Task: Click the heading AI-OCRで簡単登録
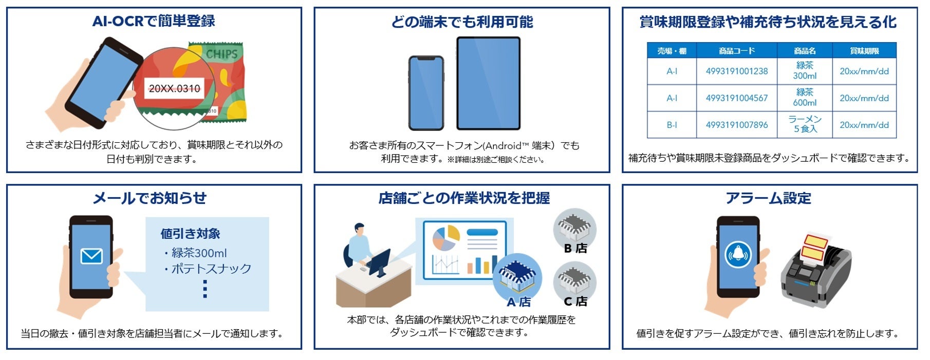click(x=154, y=21)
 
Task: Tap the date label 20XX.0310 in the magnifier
click(x=174, y=88)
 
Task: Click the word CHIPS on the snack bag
click(x=221, y=54)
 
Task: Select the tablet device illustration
click(x=488, y=83)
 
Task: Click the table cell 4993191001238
click(x=736, y=71)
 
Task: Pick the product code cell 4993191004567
click(x=736, y=98)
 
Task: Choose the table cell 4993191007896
click(x=736, y=125)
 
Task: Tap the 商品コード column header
click(x=736, y=51)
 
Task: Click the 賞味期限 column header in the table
click(x=864, y=51)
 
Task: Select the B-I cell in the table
click(x=672, y=125)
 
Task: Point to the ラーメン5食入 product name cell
click(x=805, y=124)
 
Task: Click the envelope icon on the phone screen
click(x=91, y=255)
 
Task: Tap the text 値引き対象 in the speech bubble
click(x=190, y=234)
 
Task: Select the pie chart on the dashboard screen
click(x=445, y=238)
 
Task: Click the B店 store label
click(x=575, y=249)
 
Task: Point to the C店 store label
click(x=575, y=301)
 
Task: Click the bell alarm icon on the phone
click(x=738, y=254)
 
